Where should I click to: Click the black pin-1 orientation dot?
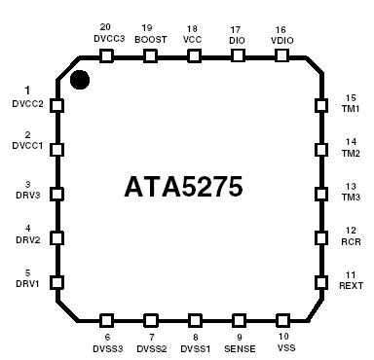(80, 78)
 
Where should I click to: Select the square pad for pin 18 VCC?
(193, 55)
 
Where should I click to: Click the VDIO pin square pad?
(280, 55)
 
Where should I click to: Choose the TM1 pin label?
(350, 109)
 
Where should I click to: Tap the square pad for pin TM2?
(319, 149)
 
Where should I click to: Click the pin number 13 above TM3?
(350, 186)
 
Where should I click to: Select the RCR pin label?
(350, 240)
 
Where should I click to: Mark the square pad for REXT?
(319, 282)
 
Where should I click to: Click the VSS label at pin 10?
(282, 347)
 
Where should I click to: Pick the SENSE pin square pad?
(238, 319)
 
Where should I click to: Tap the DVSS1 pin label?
(195, 347)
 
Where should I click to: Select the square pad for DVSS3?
(105, 319)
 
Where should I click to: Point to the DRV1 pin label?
(26, 283)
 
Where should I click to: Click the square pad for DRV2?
(56, 237)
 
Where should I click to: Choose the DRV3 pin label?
(26, 195)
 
